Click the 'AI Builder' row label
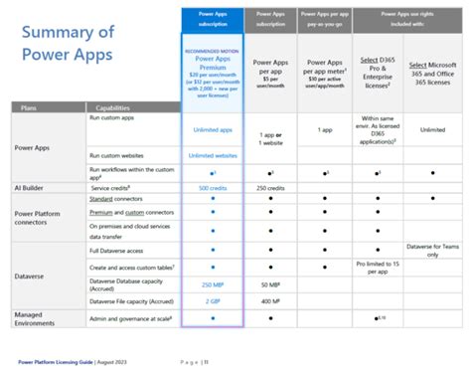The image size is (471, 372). [34, 187]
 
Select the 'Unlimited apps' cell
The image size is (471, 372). [213, 129]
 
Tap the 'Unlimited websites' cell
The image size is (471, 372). [213, 156]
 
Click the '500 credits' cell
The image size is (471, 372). [213, 187]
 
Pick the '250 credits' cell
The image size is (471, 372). [271, 187]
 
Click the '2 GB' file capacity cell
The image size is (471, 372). [213, 298]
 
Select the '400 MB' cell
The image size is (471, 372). [271, 298]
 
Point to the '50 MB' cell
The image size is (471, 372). [271, 284]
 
